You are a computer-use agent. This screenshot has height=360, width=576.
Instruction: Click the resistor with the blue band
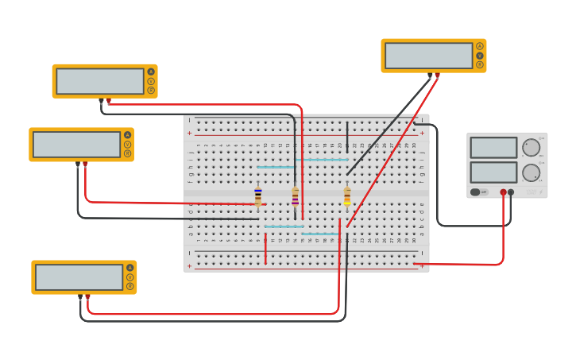pos(257,196)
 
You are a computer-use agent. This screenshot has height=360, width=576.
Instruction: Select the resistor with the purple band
pos(296,196)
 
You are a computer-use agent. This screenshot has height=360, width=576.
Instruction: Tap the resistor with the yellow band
pos(347,196)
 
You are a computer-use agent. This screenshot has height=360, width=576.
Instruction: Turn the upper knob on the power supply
pos(531,148)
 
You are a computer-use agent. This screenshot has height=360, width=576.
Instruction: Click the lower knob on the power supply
pos(531,172)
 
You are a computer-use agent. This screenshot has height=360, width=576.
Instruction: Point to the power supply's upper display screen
pos(493,148)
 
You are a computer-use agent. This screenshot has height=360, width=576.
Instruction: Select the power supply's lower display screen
pos(493,172)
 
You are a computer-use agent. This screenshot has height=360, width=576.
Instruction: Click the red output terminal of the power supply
pos(503,192)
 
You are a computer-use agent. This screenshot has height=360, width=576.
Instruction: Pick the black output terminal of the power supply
pos(511,192)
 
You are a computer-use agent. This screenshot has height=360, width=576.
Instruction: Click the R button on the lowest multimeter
pos(130,286)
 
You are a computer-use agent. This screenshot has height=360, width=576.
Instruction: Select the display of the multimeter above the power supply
pos(429,56)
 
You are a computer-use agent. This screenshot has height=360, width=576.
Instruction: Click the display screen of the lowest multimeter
pos(79,277)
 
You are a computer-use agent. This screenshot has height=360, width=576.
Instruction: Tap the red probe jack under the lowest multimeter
pos(87,296)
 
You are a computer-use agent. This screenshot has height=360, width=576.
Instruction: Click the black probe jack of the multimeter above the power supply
pos(430,75)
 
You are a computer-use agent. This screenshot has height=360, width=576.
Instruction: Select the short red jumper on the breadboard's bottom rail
pos(265,249)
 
